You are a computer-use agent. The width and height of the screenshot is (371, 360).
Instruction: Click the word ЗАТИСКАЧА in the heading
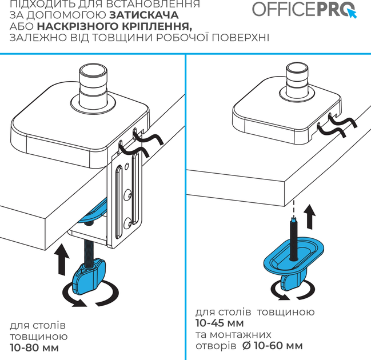(144, 15)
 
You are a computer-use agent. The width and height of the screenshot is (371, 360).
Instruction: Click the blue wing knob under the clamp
(89, 276)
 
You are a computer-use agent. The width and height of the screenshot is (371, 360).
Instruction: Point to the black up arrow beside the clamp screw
(62, 259)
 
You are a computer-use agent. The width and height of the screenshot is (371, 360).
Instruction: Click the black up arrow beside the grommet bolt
(310, 217)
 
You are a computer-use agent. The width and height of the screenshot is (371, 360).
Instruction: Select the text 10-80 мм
(34, 348)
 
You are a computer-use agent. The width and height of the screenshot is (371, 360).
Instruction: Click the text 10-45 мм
(220, 323)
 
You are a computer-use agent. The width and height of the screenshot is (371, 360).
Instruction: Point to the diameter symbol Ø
(247, 346)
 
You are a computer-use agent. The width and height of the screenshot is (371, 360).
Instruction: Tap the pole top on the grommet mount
(297, 69)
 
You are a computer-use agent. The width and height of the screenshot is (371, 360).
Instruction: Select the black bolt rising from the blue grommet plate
(294, 239)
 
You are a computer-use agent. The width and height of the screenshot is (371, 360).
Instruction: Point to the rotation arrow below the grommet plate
(293, 290)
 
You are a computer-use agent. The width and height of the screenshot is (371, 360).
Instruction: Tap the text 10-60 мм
(278, 346)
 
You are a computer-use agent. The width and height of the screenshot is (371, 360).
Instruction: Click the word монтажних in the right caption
(241, 335)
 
